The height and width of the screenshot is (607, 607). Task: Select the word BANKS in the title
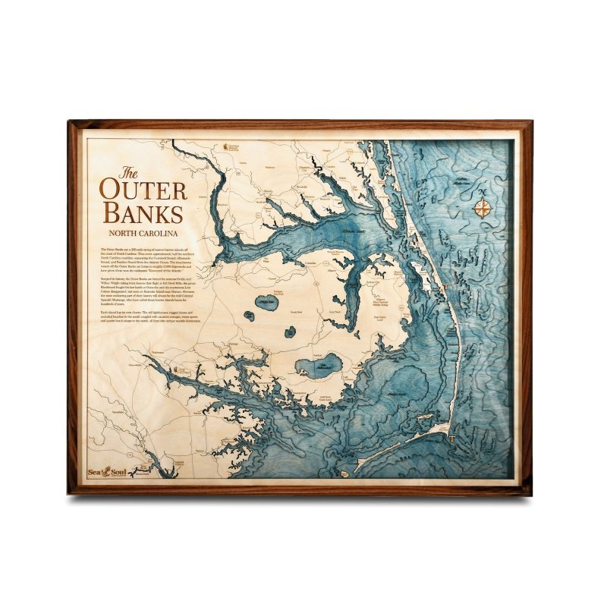[x=145, y=212]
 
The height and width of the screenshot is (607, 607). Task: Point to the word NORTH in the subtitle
[x=127, y=232]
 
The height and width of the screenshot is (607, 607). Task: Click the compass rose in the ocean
[x=483, y=207]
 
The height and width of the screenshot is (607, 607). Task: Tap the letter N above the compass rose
[x=483, y=193]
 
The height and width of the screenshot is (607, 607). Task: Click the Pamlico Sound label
[x=398, y=393]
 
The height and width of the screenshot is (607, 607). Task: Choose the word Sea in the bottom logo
[x=96, y=470]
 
